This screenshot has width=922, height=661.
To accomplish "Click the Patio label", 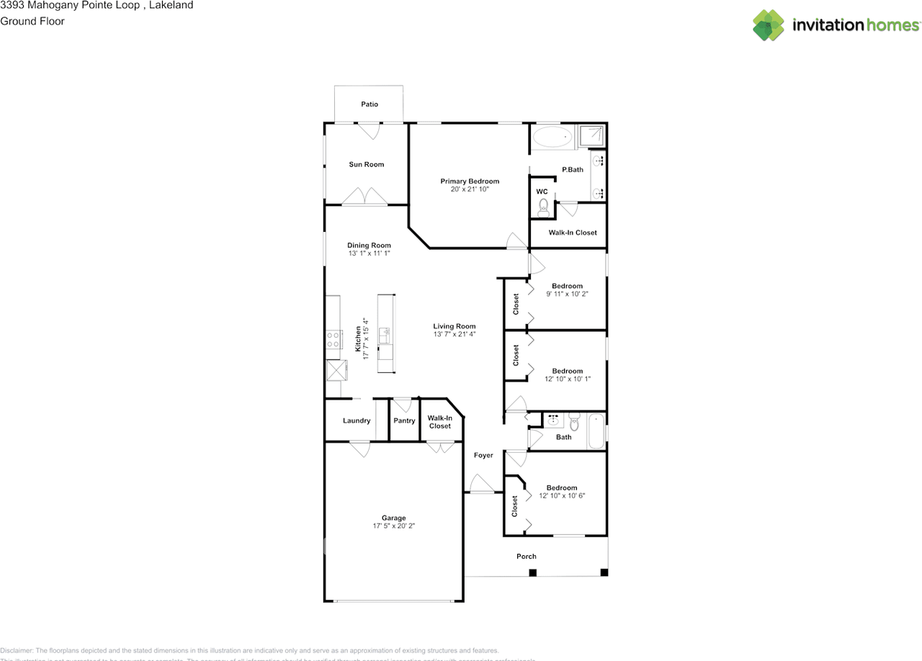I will click(370, 104).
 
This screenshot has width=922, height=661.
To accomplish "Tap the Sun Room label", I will click(367, 164).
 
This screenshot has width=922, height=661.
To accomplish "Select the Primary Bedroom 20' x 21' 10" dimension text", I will click(470, 189).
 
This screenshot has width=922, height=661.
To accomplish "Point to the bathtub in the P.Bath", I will click(552, 137).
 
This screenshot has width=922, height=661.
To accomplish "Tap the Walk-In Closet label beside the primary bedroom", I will click(573, 233).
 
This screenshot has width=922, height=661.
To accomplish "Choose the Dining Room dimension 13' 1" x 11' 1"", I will click(369, 253).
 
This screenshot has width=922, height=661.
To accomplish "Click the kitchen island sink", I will click(385, 336).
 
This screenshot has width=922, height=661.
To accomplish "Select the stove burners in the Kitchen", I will click(334, 340).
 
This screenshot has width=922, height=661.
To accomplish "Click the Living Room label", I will click(455, 325).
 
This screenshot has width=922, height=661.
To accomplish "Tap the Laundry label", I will click(357, 421).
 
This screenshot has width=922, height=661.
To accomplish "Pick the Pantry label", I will click(404, 421).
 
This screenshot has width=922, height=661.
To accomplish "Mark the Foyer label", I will click(483, 455).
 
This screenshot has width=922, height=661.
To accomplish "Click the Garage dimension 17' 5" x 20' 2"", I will click(393, 526).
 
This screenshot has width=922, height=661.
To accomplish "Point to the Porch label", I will click(527, 556).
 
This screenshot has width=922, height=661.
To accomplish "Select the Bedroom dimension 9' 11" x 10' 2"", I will click(567, 294).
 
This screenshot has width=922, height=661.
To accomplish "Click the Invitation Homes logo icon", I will click(769, 25).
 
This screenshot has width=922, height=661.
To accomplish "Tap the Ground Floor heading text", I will click(32, 21).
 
